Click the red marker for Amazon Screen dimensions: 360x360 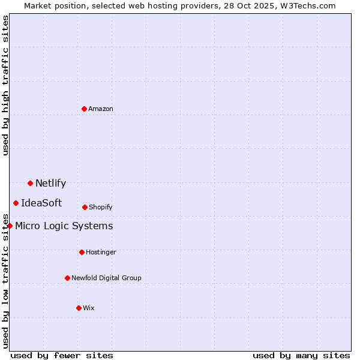[84, 109]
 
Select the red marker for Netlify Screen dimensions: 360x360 [30, 183]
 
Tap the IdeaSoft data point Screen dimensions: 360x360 [16, 203]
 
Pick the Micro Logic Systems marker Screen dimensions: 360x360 [10, 226]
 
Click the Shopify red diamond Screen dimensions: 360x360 [85, 207]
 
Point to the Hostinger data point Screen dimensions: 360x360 [82, 252]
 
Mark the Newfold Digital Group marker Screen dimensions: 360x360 [67, 278]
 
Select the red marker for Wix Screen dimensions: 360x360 [79, 308]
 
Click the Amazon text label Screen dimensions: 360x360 [101, 109]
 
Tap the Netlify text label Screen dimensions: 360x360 [50, 184]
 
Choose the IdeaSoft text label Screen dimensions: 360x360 [41, 203]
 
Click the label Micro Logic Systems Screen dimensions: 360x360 [64, 226]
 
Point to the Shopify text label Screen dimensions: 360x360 [101, 207]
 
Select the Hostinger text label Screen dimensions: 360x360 [101, 252]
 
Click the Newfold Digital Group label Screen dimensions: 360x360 [106, 278]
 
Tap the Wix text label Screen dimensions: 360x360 [89, 308]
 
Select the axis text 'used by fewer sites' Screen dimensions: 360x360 [61, 355]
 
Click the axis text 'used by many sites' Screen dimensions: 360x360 [301, 355]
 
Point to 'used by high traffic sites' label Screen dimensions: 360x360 [5, 85]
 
